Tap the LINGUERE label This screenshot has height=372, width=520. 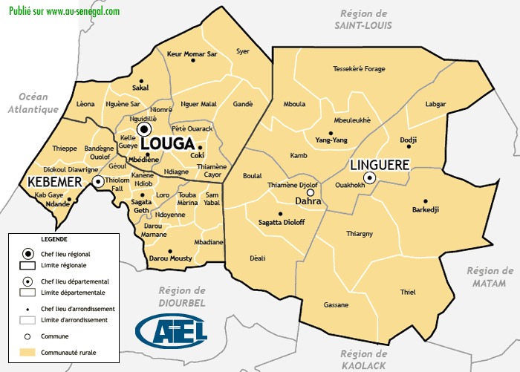coord(380,163)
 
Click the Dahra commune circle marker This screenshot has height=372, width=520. coord(311,192)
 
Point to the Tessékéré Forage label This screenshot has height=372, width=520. coord(359,69)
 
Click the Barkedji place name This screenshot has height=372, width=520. coord(426,210)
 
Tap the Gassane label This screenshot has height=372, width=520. coord(336,305)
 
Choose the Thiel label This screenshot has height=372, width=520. coord(409,292)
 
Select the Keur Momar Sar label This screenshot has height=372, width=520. coord(192,54)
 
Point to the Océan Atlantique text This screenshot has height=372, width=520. coord(33,103)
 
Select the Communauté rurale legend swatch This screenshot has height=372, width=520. coord(27,352)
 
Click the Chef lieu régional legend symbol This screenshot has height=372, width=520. coord(27,253)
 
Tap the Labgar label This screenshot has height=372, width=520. coord(437,105)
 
